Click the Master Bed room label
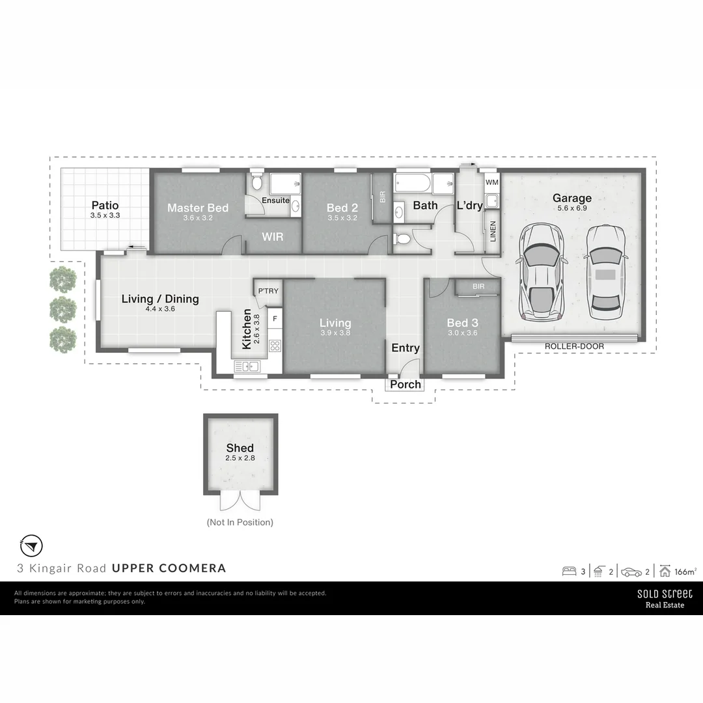coord(198,208)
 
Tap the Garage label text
coord(572,199)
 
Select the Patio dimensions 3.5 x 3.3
coord(105,215)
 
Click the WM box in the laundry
coord(491,182)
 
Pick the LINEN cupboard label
coord(493,232)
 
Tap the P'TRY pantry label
coord(267,291)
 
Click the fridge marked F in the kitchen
coord(275,319)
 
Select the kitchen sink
coord(247,367)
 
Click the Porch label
coord(406,385)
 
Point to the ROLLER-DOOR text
coord(574,347)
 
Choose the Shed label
coord(240,448)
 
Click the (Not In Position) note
coord(240,522)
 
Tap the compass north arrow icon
coord(32,544)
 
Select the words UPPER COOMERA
coord(169,568)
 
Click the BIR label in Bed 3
coord(478,286)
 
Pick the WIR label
coord(273,237)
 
